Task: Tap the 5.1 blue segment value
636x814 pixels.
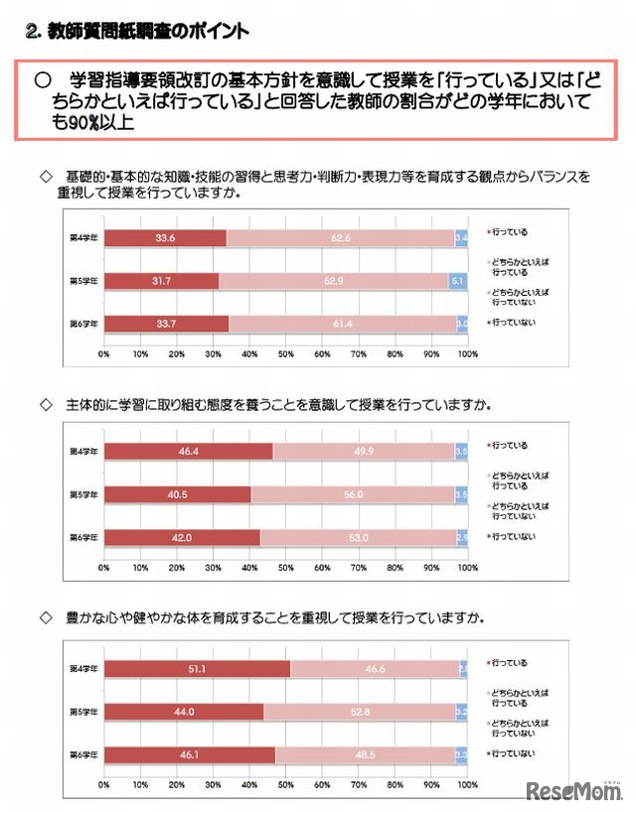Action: (457, 281)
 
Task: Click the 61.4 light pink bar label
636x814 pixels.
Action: (344, 324)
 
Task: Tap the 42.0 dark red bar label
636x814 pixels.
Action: (181, 536)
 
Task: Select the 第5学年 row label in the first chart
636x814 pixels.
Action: (83, 281)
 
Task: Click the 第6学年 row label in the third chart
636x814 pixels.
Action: (83, 754)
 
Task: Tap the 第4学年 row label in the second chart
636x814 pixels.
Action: (83, 451)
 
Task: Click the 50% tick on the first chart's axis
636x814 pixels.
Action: (285, 353)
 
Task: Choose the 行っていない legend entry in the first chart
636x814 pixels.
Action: (513, 324)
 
